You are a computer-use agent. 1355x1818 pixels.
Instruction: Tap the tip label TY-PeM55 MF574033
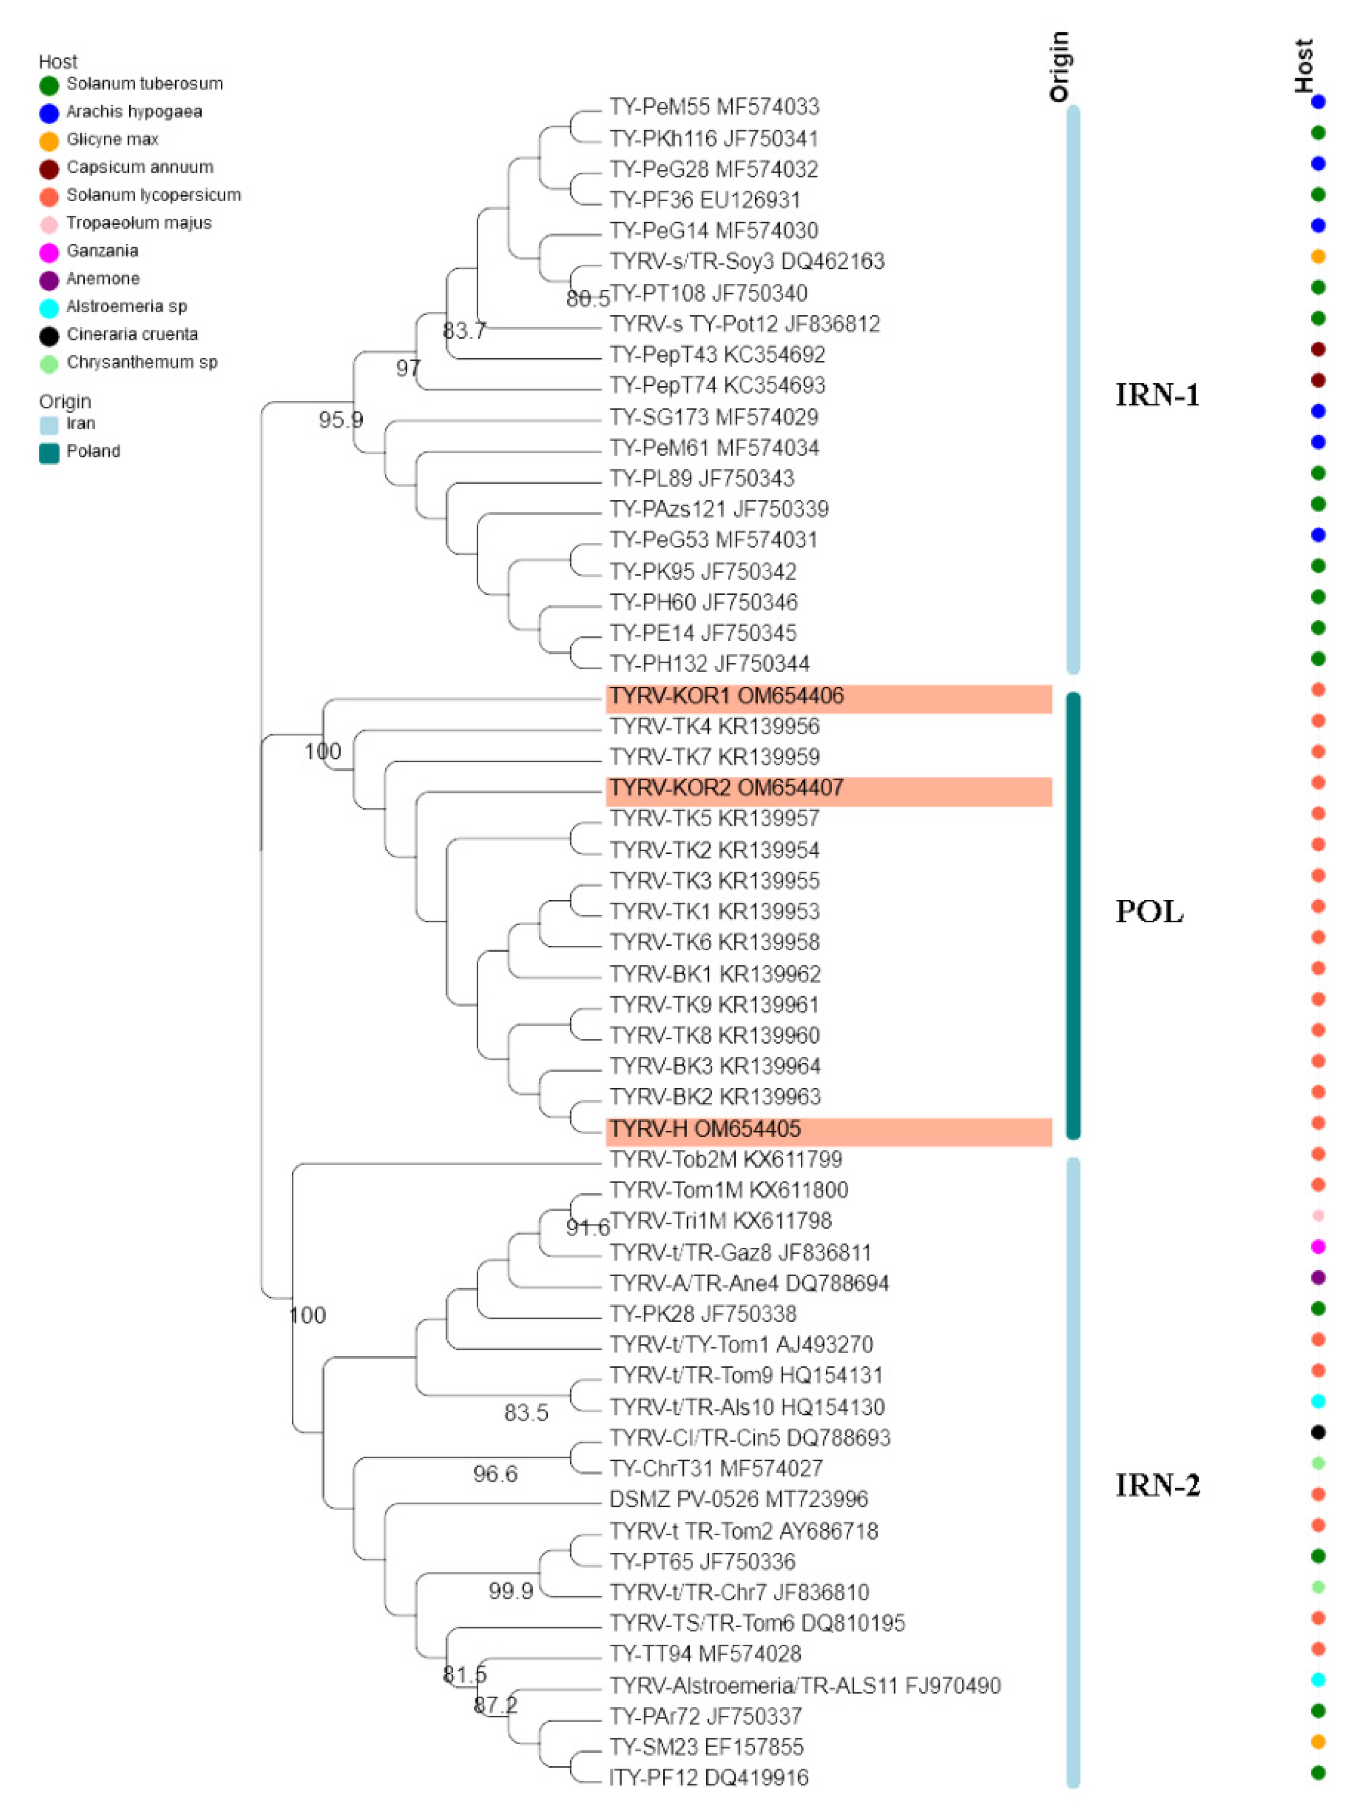point(714,107)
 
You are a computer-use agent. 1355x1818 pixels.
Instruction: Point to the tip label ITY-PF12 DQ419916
point(709,1777)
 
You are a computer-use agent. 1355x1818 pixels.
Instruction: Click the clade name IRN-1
point(1157,395)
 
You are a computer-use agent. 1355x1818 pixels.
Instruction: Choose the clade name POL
point(1149,911)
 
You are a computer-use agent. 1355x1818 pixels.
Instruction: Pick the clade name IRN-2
point(1157,1485)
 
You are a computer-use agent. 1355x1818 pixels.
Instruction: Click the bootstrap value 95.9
point(341,420)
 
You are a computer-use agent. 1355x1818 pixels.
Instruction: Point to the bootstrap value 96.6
point(495,1474)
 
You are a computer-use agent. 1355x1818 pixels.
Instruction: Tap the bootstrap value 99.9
point(510,1592)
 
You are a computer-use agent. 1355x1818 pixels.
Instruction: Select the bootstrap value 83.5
point(526,1413)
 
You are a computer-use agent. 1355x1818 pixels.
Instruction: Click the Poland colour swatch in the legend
point(49,452)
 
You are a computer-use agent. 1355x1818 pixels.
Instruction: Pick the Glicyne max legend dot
point(49,141)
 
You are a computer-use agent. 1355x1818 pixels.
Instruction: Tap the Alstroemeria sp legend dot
point(49,308)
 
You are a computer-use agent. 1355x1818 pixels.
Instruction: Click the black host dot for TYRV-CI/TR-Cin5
point(1318,1433)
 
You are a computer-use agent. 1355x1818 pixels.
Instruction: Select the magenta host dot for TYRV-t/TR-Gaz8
point(1318,1247)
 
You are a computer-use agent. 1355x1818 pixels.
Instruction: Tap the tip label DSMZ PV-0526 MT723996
point(738,1500)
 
